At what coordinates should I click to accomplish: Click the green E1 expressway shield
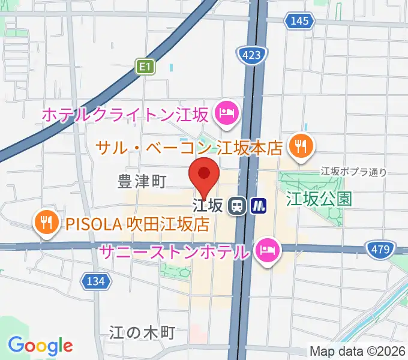(145, 67)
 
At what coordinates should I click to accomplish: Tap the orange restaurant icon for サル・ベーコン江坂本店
(298, 146)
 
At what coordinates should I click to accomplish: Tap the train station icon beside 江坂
(237, 206)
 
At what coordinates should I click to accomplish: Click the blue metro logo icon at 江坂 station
(259, 206)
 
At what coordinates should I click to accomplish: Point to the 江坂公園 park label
(319, 198)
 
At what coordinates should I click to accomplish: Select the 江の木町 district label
(142, 332)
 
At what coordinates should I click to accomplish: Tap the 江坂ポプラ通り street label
(353, 172)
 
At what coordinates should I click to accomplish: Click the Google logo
(40, 346)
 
